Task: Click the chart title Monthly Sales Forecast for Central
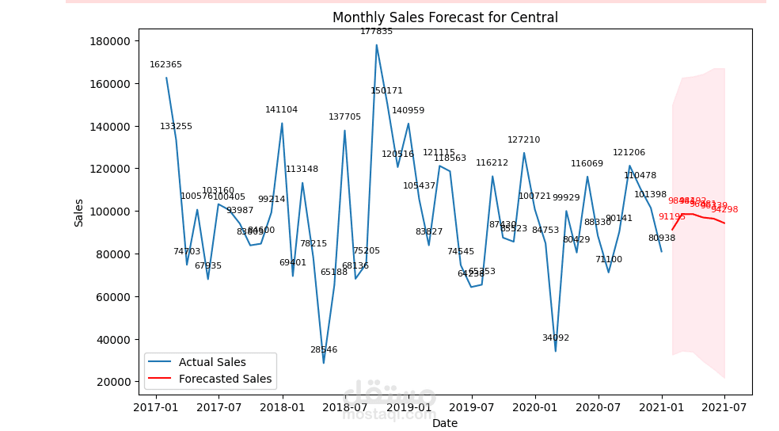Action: (x=445, y=17)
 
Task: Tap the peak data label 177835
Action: (x=376, y=32)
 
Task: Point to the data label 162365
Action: (x=165, y=65)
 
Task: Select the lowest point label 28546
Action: (x=323, y=350)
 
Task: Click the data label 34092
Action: (x=555, y=338)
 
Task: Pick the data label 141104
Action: (x=281, y=110)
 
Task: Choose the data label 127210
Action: (x=523, y=140)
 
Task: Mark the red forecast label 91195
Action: (x=671, y=217)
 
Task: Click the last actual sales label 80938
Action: (x=661, y=238)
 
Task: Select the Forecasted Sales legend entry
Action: (x=225, y=380)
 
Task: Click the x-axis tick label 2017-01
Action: (x=155, y=407)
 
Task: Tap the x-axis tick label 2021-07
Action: (x=724, y=407)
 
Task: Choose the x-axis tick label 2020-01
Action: (x=534, y=407)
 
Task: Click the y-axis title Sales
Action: (x=79, y=212)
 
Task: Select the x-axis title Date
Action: (x=445, y=424)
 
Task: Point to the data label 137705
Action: (x=344, y=117)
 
